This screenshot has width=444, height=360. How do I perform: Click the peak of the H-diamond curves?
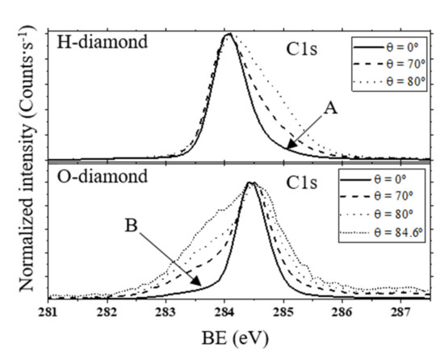coord(229,35)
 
